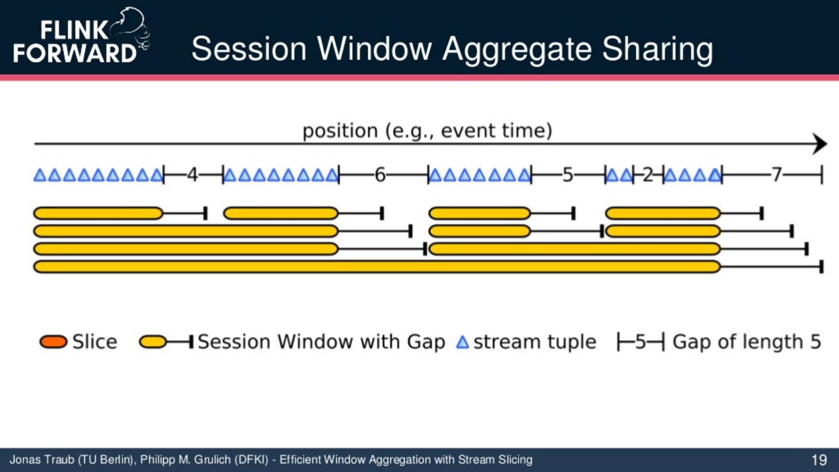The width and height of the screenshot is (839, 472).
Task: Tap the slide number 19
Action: click(819, 460)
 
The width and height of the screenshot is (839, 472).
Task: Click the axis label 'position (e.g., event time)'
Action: click(426, 131)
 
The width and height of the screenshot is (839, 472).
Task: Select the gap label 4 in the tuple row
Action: click(192, 174)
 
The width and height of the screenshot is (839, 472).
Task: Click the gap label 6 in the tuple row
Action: click(380, 174)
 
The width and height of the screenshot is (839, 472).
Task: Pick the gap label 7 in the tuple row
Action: click(775, 174)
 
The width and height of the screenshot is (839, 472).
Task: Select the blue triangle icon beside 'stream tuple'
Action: click(462, 342)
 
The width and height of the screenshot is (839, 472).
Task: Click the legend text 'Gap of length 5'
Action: click(746, 342)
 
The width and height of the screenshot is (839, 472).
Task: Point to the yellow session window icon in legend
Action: click(154, 342)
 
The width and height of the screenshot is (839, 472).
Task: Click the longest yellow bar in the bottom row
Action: click(377, 267)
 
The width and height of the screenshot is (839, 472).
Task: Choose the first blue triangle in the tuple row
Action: click(40, 175)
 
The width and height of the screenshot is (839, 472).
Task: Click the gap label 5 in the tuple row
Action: click(568, 174)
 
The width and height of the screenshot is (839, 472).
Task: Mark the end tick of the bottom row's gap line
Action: click(821, 267)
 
